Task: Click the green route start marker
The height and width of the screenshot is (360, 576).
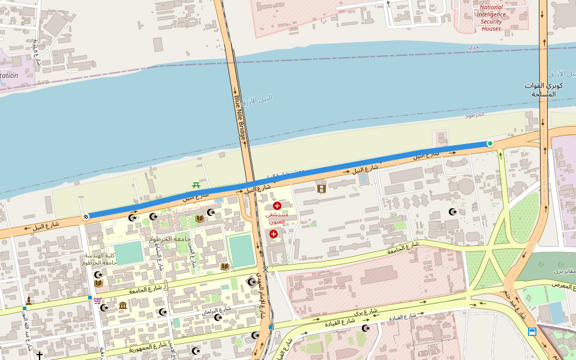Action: tap(490, 143)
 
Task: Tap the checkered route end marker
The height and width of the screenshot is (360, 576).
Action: tap(86, 217)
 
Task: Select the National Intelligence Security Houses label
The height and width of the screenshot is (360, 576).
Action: tap(491, 18)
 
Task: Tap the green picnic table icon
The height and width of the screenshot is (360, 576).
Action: tap(196, 185)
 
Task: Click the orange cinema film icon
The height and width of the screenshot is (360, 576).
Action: tap(322, 189)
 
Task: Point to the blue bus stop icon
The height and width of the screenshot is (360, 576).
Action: tap(532, 331)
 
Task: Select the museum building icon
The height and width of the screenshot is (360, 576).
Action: tap(123, 306)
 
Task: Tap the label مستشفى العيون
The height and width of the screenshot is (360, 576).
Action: tap(277, 218)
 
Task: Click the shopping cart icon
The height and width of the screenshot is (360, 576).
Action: tap(97, 301)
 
